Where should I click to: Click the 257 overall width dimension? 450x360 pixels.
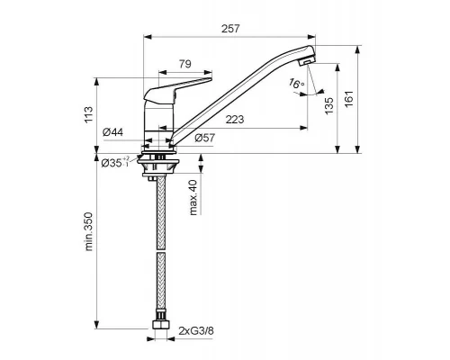pos(230,29)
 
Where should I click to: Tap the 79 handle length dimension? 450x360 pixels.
pos(185,64)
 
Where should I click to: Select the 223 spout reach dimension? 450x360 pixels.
pos(235,120)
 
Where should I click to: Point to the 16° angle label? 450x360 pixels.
pos(296,83)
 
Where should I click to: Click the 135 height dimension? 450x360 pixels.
pos(329,105)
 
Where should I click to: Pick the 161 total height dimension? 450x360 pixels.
pos(349,99)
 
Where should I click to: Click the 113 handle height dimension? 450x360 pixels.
pos(89,114)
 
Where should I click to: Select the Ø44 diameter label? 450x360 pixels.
pos(112,132)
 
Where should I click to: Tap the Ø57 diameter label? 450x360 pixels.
pos(205,138)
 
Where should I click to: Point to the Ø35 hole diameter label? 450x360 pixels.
pos(115,162)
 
